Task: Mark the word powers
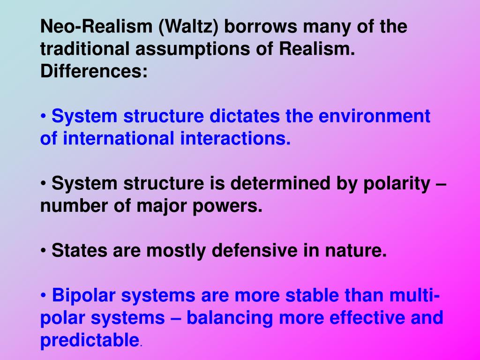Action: pyautogui.click(x=227, y=206)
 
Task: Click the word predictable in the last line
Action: pyautogui.click(x=90, y=341)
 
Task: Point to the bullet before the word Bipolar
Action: pyautogui.click(x=44, y=296)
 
